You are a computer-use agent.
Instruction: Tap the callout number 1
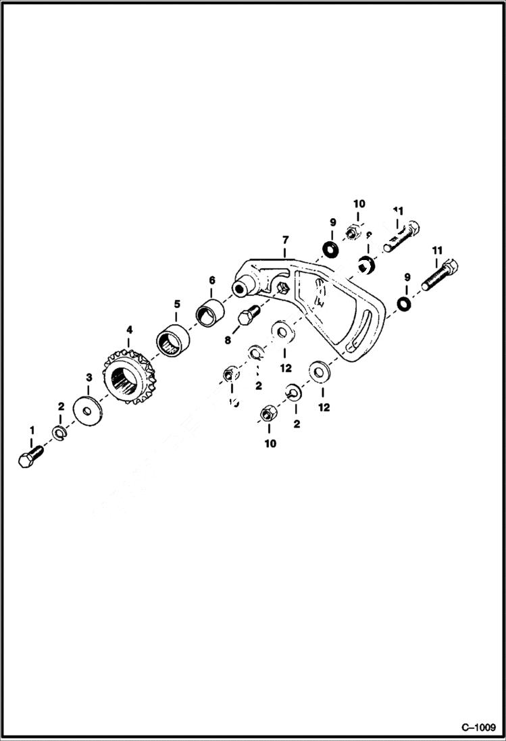tap(30, 430)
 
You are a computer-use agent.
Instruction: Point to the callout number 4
tap(129, 330)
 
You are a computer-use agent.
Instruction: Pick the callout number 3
tap(88, 376)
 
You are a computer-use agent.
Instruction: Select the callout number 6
tap(211, 280)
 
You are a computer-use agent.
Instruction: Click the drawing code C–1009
tap(478, 727)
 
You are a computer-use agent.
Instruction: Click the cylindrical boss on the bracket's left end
tap(239, 288)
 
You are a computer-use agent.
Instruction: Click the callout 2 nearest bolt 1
tap(61, 407)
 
